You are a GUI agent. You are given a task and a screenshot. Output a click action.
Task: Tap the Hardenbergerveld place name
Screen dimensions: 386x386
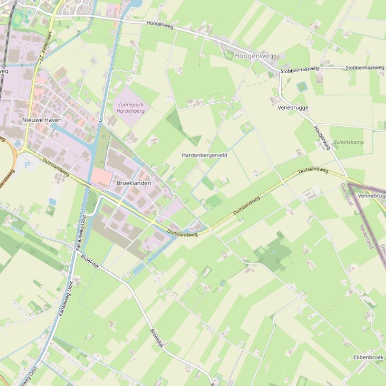click(205, 155)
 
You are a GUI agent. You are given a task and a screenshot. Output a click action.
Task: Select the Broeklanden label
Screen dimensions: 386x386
click(133, 183)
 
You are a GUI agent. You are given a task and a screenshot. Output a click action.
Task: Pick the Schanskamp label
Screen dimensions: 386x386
click(348, 142)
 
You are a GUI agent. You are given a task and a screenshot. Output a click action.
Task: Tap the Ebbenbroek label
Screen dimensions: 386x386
click(368, 357)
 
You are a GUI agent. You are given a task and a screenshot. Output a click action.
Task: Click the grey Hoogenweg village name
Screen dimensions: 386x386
click(254, 56)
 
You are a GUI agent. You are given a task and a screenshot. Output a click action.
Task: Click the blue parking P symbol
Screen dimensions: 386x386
click(27, 164)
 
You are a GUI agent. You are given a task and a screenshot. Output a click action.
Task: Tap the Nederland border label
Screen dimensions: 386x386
click(366, 236)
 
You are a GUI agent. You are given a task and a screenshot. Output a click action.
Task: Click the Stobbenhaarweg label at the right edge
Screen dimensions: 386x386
click(364, 68)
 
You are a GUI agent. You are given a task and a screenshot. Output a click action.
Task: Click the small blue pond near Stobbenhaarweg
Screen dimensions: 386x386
click(301, 86)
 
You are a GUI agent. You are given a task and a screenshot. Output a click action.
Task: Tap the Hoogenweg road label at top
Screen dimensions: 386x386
click(160, 25)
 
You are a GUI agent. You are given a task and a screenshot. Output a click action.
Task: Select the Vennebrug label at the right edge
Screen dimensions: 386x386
click(371, 196)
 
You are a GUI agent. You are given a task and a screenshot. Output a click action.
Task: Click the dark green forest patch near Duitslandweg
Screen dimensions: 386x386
click(274, 254)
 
